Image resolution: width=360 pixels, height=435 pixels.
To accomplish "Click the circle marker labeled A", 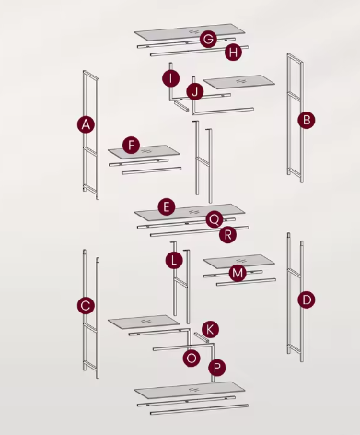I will click(86, 123).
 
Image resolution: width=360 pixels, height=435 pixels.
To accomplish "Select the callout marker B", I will click(307, 119).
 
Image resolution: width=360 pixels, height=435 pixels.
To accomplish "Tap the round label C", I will click(86, 304).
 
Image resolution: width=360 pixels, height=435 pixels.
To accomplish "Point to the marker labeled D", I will click(307, 299).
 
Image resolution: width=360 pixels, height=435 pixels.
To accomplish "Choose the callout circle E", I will click(166, 206).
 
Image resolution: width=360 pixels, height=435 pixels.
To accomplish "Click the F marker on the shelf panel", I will click(132, 146).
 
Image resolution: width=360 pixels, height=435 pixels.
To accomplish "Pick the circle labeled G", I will click(208, 39).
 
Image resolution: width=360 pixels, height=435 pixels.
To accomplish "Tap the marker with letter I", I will click(171, 78).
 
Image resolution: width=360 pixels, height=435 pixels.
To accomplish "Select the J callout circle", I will click(194, 91).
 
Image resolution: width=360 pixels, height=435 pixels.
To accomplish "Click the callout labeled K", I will click(210, 329).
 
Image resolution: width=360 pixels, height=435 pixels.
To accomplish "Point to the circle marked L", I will click(174, 261).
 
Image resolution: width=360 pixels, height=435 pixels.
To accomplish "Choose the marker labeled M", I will click(238, 273).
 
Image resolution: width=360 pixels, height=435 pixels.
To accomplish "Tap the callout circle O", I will click(192, 357).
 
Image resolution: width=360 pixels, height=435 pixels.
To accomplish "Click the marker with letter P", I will click(217, 367).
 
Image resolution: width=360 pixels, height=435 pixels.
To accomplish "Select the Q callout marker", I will click(214, 219).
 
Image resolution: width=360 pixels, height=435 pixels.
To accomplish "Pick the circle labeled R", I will click(228, 234).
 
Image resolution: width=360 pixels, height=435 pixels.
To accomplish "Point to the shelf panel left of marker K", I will click(144, 322).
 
